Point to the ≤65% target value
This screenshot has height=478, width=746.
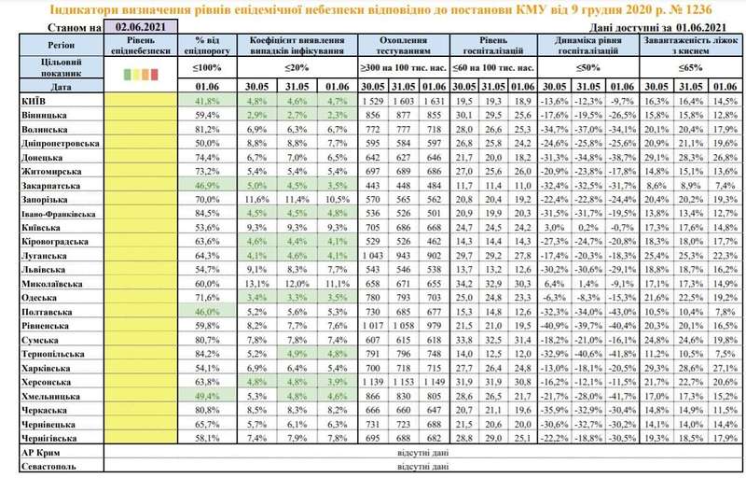pos(691,68)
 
